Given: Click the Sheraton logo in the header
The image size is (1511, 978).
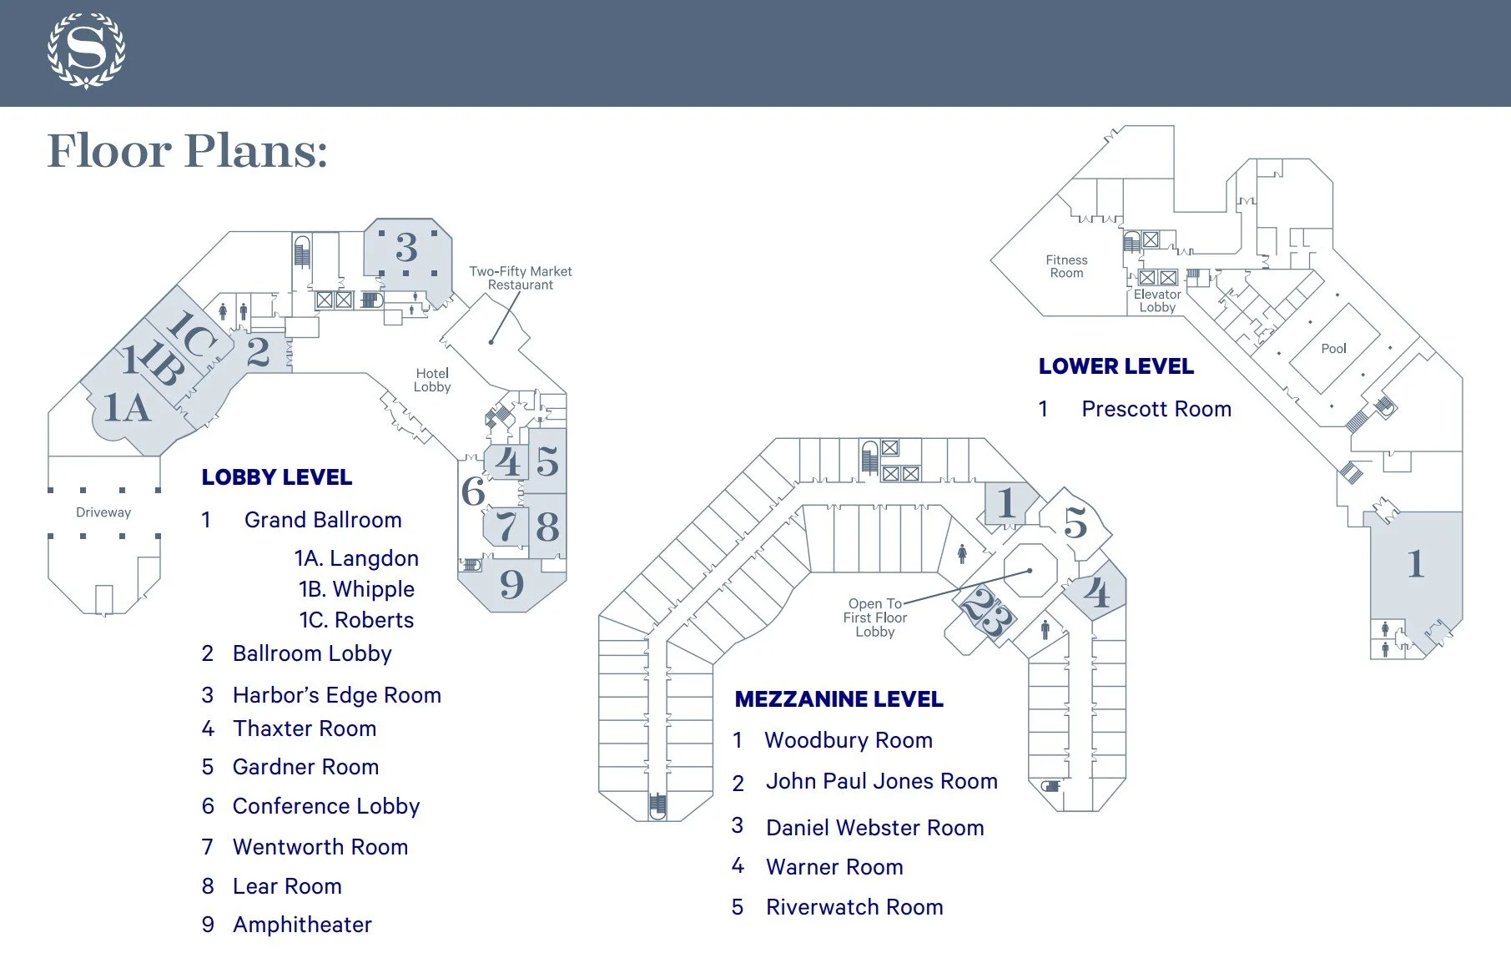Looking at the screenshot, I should (x=86, y=51).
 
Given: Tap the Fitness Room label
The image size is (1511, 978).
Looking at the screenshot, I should (x=1066, y=266).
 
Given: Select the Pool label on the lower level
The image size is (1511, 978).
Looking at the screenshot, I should (x=1333, y=349).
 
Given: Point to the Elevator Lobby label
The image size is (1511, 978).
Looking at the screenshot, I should (x=1157, y=300).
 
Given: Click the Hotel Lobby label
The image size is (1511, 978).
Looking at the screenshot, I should (x=432, y=380).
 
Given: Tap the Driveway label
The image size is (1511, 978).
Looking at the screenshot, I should (x=103, y=512).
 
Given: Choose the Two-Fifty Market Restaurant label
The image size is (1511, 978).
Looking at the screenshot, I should (x=521, y=278).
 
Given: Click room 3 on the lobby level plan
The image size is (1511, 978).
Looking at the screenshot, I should (x=406, y=248).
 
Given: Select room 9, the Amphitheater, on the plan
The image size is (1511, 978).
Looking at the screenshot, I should (x=511, y=584).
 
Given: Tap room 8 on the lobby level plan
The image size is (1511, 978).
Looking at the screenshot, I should (x=547, y=527).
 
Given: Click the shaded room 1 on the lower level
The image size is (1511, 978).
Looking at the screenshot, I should (x=1415, y=565).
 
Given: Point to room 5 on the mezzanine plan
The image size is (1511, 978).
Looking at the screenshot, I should (x=1075, y=523).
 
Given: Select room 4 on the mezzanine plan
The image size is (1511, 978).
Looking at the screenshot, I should (x=1096, y=593).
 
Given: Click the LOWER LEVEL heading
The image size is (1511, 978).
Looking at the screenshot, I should (x=1116, y=366).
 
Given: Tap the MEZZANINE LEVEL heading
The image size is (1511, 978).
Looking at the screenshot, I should (x=839, y=699).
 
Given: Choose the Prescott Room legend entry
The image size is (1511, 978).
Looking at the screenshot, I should (x=1156, y=409).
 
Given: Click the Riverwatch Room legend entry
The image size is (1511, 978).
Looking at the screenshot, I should (x=854, y=907).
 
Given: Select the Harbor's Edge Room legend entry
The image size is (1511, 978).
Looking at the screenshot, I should (x=336, y=695).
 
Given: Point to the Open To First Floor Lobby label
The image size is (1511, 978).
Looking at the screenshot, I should (x=874, y=618).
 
